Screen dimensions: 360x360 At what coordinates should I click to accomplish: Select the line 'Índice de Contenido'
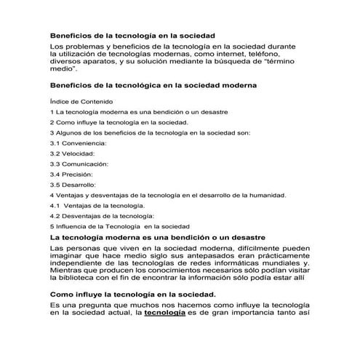point(82,102)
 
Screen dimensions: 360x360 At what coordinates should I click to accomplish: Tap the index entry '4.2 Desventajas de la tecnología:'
point(102,216)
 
